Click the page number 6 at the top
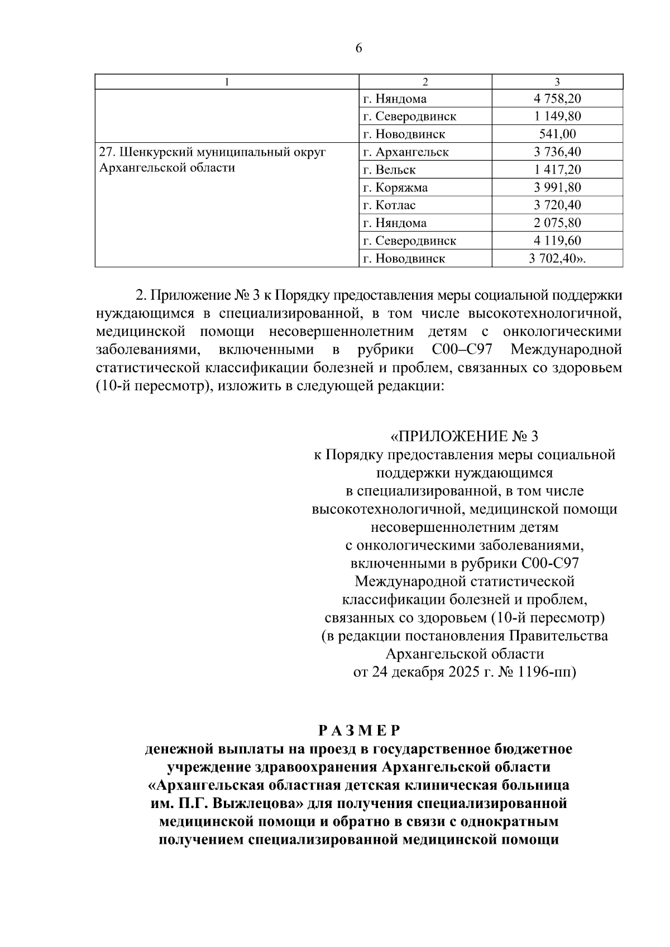click(358, 49)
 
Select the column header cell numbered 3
click(557, 82)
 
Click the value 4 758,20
click(557, 99)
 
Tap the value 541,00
click(557, 134)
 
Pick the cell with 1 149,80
click(557, 116)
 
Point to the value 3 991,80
click(557, 188)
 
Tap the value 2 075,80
click(557, 223)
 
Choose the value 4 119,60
click(557, 241)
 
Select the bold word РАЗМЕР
click(359, 730)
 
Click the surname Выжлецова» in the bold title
click(256, 804)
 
